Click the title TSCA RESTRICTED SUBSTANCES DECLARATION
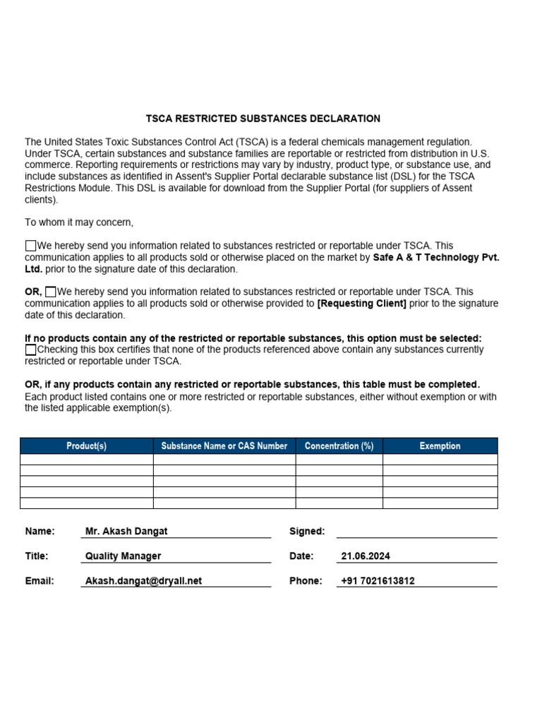(x=263, y=119)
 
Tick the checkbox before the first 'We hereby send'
(x=30, y=246)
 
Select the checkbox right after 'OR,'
(x=50, y=292)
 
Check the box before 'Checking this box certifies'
(x=30, y=349)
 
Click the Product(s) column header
(x=86, y=446)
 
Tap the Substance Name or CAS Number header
(x=224, y=446)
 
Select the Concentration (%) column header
(x=339, y=446)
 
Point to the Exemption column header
(x=440, y=446)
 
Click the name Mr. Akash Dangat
(x=126, y=531)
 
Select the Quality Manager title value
(x=123, y=556)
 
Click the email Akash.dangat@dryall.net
(x=143, y=580)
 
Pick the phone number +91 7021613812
(x=378, y=580)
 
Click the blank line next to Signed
(x=416, y=531)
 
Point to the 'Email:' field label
(x=40, y=580)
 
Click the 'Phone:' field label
(x=306, y=580)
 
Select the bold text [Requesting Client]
(x=362, y=304)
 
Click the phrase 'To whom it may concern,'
(x=79, y=222)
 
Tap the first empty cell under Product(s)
(x=86, y=459)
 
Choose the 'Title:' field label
(x=37, y=556)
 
